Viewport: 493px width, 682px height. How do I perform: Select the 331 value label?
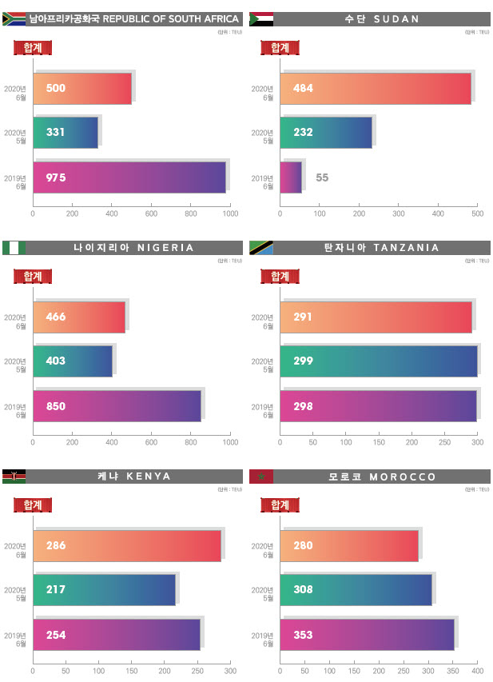tap(55, 133)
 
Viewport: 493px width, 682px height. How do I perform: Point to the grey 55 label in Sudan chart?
tap(322, 177)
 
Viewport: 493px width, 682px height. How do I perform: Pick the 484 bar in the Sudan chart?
tap(376, 88)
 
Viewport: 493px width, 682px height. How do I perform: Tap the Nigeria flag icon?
tap(14, 248)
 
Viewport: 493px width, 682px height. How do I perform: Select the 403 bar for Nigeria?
tap(73, 361)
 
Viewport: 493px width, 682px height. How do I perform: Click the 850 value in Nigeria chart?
tap(55, 406)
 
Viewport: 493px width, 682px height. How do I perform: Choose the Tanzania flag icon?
tap(260, 248)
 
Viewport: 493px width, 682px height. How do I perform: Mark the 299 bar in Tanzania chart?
tap(379, 361)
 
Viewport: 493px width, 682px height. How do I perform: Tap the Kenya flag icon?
tap(14, 477)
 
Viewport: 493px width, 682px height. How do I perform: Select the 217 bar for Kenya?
tap(104, 590)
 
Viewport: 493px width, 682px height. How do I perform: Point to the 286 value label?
tap(55, 545)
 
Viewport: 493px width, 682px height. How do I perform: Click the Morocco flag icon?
tap(260, 477)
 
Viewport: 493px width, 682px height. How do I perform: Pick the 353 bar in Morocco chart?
tap(367, 635)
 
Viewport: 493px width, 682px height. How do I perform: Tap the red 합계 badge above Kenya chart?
tap(33, 505)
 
